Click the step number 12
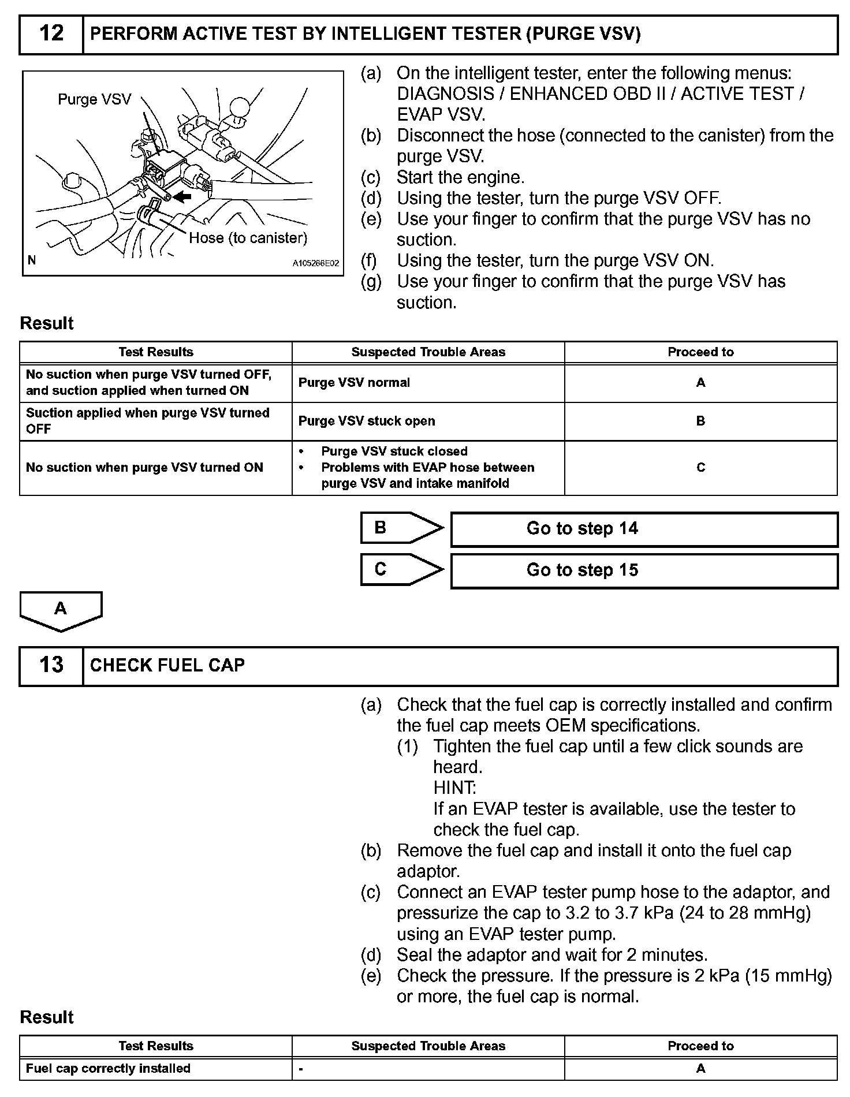pos(51,34)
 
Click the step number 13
pos(51,665)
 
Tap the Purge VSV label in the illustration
pos(94,99)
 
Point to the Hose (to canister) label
pos(248,237)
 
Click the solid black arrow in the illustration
pos(182,197)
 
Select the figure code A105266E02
pos(315,263)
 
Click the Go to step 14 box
pos(643,529)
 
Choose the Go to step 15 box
pos(643,570)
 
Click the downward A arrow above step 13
pos(61,610)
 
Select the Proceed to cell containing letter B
pos(700,421)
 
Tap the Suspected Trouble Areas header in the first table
pos(428,352)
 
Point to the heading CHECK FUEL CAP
pos(167,666)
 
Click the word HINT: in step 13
pos(454,788)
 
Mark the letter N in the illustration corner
pos(32,260)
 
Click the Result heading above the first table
pos(47,323)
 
